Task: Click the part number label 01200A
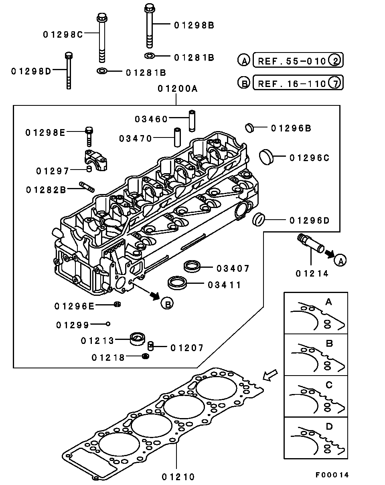(x=177, y=89)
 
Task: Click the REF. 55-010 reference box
(x=298, y=61)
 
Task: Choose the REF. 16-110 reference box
(x=298, y=83)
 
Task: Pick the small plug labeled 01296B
(x=250, y=128)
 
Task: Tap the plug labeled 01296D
(x=259, y=219)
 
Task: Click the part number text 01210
(x=178, y=477)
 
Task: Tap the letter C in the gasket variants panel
(x=329, y=385)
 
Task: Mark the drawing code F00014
(x=332, y=475)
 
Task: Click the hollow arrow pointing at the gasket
(x=269, y=375)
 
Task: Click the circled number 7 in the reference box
(x=334, y=83)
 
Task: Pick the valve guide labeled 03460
(x=192, y=120)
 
